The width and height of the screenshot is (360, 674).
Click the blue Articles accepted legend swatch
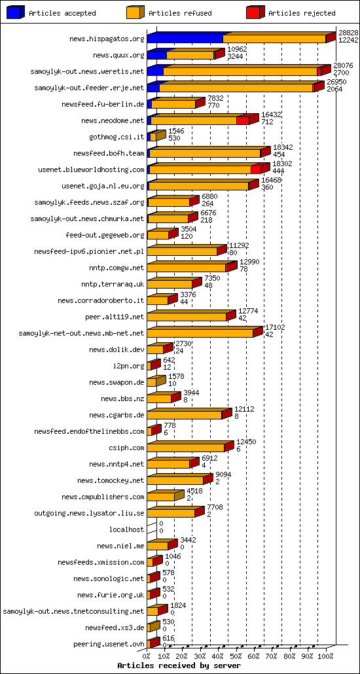pyautogui.click(x=16, y=13)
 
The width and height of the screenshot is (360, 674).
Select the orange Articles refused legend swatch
pyautogui.click(x=135, y=13)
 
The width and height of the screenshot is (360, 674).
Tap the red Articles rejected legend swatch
pyautogui.click(x=254, y=13)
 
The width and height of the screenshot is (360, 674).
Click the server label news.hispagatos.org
pyautogui.click(x=107, y=39)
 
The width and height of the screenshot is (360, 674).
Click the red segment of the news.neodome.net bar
pyautogui.click(x=242, y=120)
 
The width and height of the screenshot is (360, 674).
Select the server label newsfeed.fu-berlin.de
pyautogui.click(x=103, y=104)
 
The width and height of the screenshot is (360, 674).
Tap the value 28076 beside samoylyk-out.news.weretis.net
pyautogui.click(x=343, y=65)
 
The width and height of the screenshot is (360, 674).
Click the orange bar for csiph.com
pyautogui.click(x=186, y=448)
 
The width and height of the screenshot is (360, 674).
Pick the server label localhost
pyautogui.click(x=127, y=529)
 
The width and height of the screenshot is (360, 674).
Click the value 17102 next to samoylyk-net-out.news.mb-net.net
pyautogui.click(x=275, y=327)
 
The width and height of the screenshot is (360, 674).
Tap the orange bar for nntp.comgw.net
pyautogui.click(x=187, y=268)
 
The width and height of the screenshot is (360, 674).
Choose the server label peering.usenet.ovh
pyautogui.click(x=109, y=644)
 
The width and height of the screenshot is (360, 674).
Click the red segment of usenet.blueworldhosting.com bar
pyautogui.click(x=256, y=169)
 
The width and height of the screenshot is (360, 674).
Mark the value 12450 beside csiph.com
pyautogui.click(x=245, y=442)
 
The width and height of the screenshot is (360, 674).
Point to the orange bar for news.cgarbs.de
pyautogui.click(x=185, y=415)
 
